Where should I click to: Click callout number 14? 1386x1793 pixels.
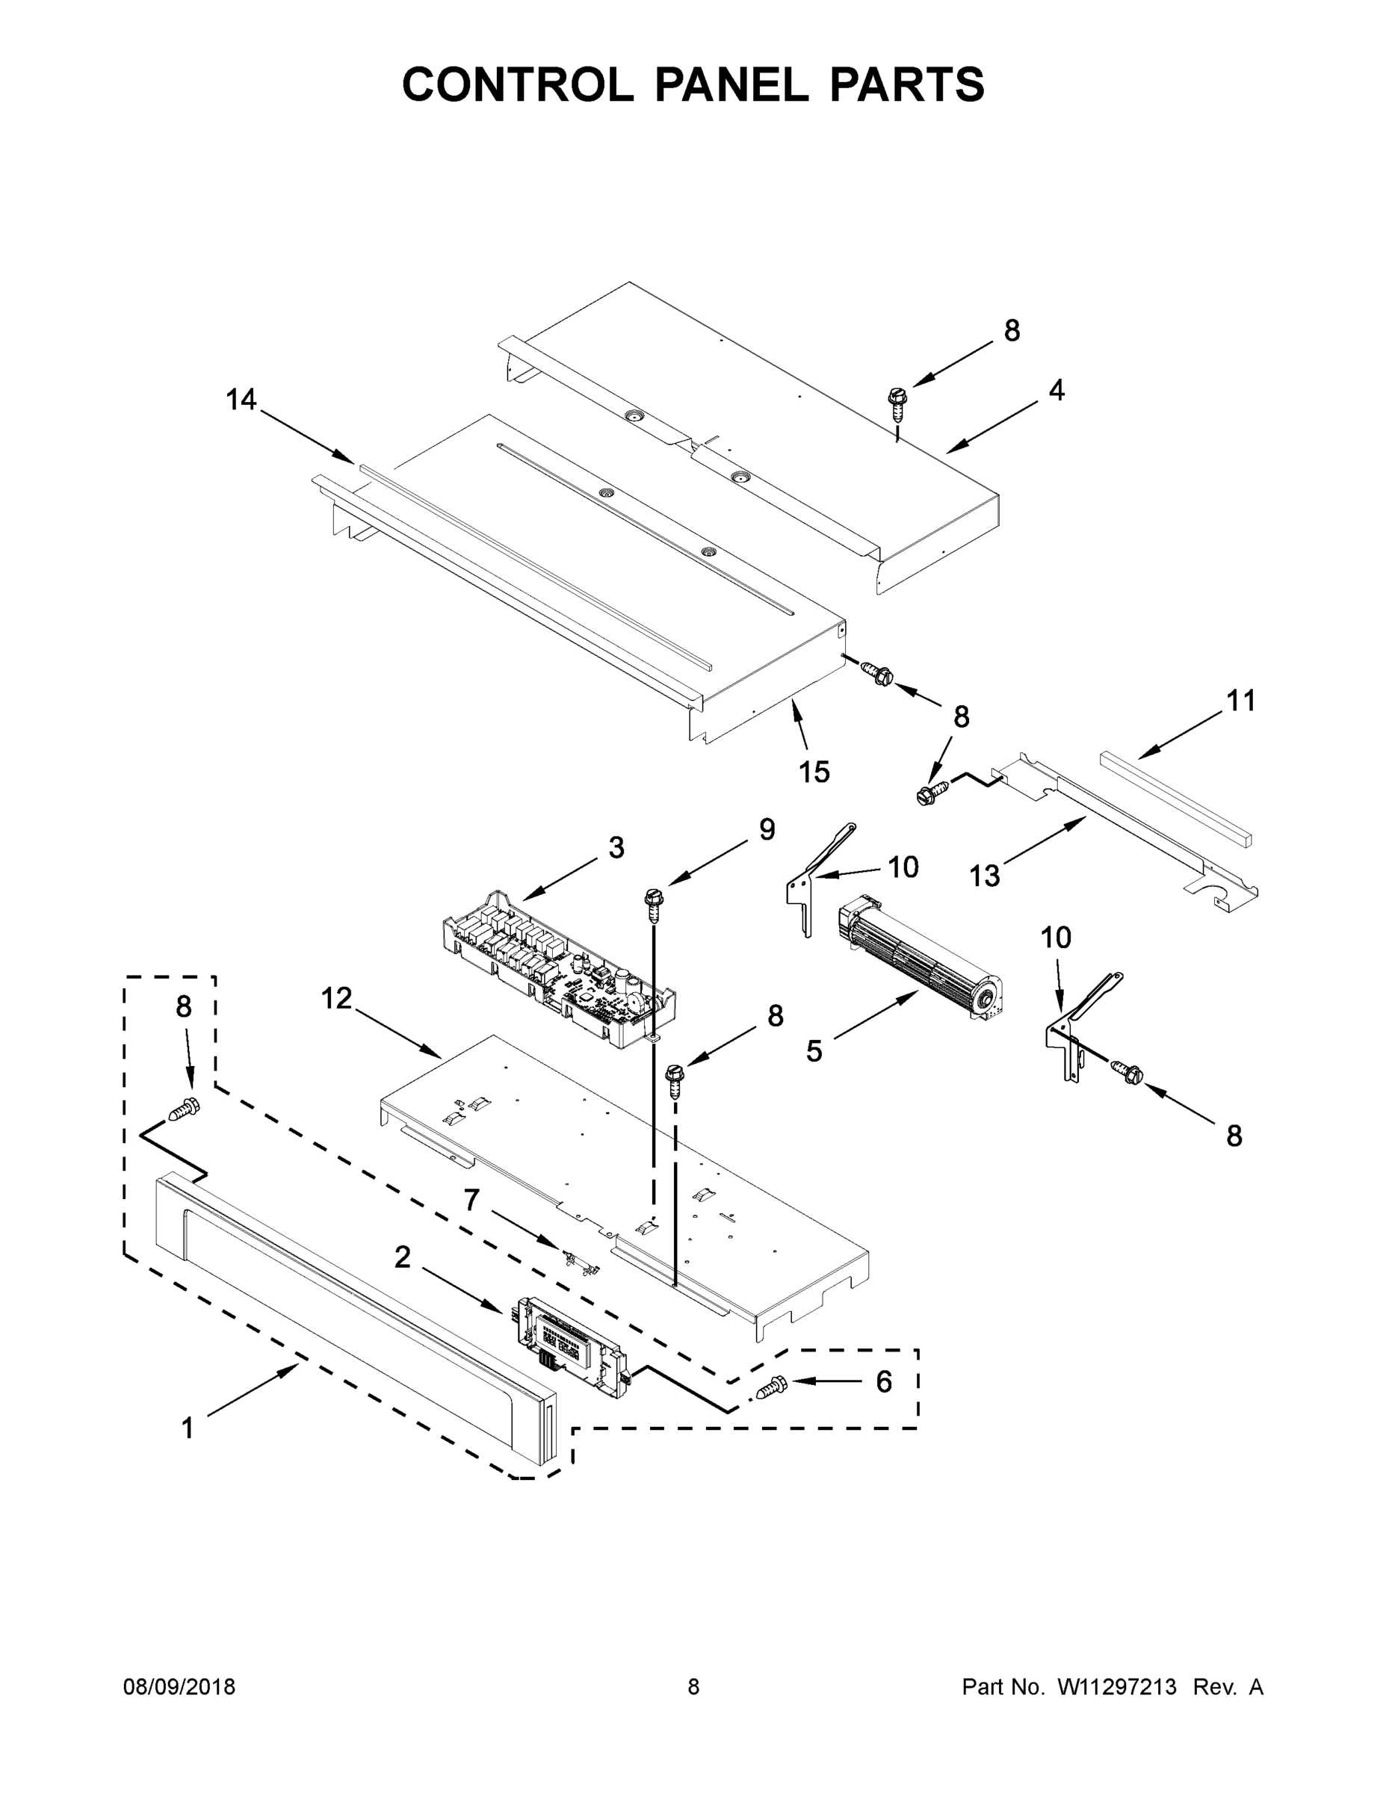click(x=241, y=400)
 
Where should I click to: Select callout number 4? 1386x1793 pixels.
click(x=1056, y=390)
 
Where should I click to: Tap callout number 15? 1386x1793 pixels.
click(x=814, y=772)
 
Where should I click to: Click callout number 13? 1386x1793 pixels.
click(x=985, y=877)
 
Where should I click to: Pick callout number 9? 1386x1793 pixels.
click(x=766, y=829)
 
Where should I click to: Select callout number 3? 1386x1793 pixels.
click(x=616, y=847)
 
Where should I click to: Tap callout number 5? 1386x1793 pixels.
click(x=813, y=1051)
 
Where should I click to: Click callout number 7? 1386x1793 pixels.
click(x=471, y=1201)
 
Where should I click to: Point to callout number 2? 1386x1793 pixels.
click(x=402, y=1257)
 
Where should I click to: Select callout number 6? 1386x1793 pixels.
click(x=883, y=1381)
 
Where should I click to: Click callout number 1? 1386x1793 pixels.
click(x=188, y=1428)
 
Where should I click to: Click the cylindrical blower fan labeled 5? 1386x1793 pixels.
click(x=920, y=956)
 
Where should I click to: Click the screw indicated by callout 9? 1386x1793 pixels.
click(x=655, y=905)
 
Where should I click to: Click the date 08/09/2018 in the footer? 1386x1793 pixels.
click(x=179, y=1686)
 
